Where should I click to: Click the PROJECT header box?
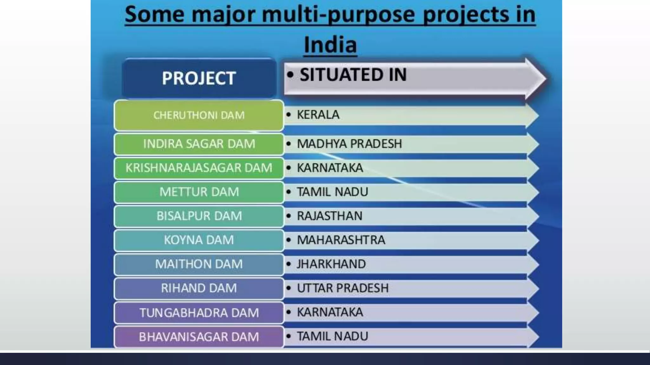point(199,78)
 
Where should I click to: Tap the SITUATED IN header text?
point(353,75)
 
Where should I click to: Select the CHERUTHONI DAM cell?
point(199,115)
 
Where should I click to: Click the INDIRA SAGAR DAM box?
point(199,144)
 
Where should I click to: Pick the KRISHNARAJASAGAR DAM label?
point(199,168)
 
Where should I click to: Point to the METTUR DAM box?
point(199,192)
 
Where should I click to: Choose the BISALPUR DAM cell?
point(199,216)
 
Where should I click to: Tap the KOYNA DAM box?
point(199,240)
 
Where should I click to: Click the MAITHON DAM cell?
point(199,264)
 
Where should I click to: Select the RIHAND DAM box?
point(199,288)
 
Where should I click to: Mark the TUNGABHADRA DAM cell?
point(199,313)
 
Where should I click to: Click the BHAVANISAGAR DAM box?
point(199,337)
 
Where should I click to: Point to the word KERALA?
point(318,115)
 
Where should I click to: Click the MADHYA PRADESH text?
point(349,144)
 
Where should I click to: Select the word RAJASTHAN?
point(329,216)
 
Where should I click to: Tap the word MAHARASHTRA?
point(341,240)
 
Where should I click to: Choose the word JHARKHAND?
point(331,264)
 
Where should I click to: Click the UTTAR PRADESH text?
point(342,288)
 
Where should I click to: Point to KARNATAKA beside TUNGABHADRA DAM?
point(330,312)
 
